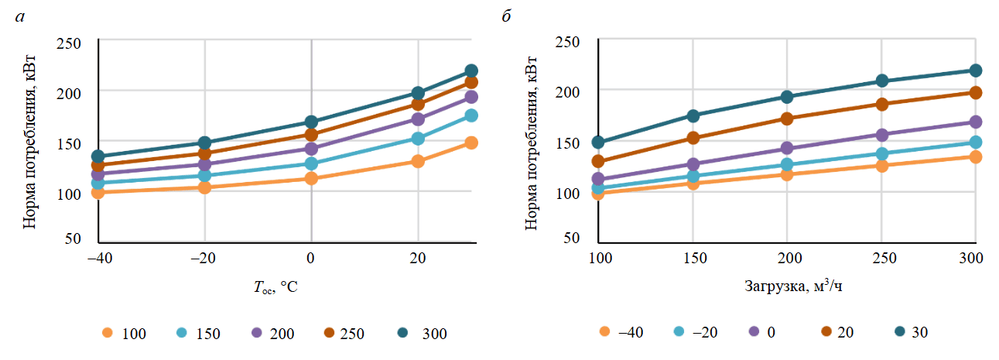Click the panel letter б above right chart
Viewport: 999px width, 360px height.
pos(507,16)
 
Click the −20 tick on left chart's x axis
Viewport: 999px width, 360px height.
pos(204,257)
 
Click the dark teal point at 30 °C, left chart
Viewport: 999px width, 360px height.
pos(471,71)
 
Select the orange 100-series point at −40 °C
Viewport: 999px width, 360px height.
pos(98,192)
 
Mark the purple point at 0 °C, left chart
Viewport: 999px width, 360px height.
pos(311,149)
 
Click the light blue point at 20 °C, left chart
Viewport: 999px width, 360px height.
pos(418,139)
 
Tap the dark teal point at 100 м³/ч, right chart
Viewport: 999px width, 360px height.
pos(598,142)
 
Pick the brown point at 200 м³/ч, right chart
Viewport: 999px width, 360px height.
pos(787,118)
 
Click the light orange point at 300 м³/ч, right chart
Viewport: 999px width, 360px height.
pos(975,157)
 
